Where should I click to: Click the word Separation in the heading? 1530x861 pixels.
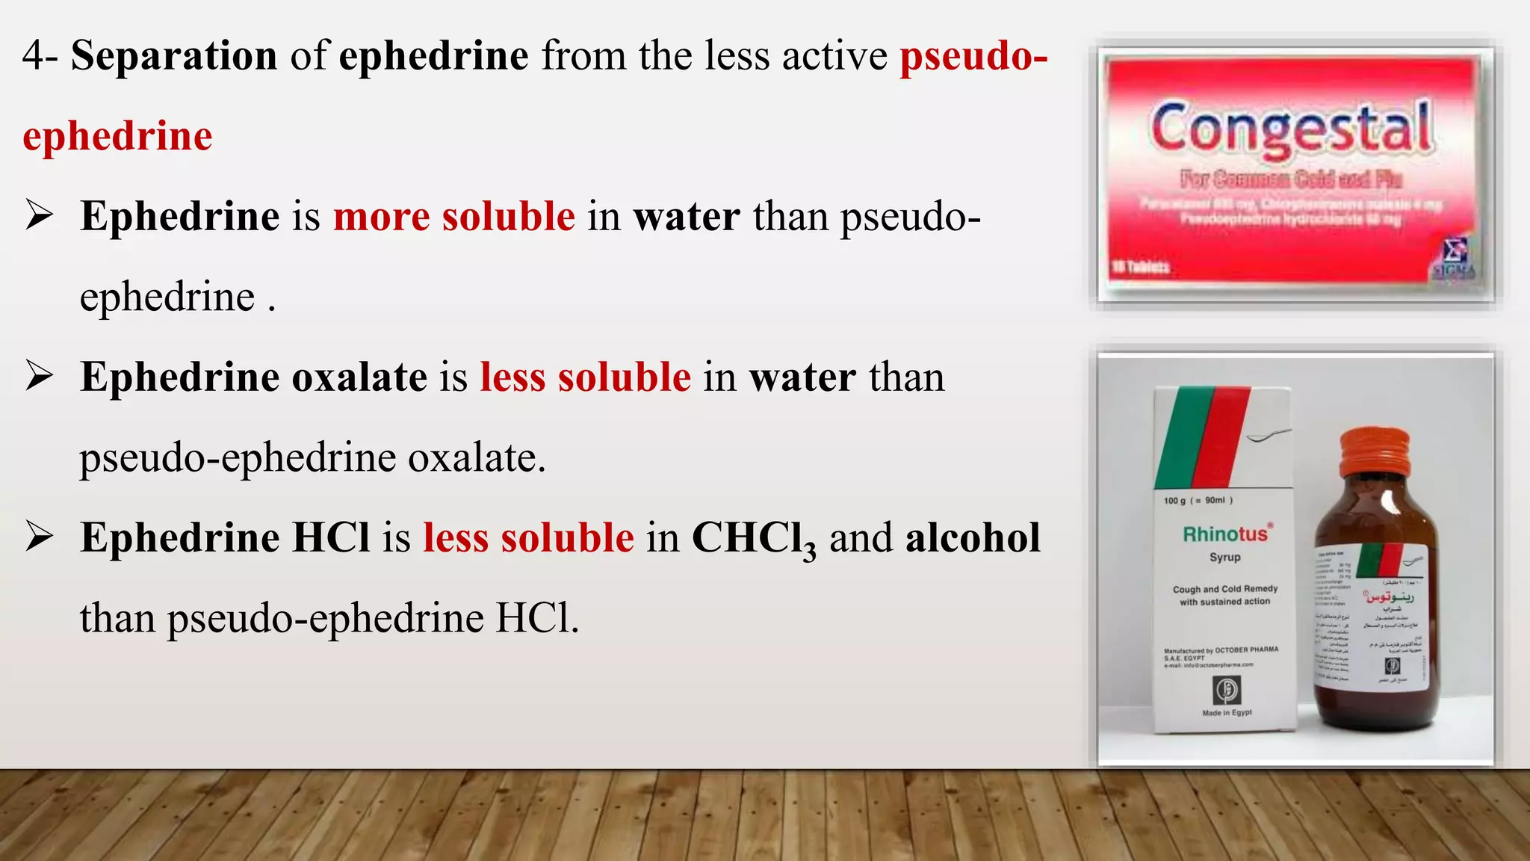coord(173,56)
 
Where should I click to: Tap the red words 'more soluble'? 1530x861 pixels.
coord(454,217)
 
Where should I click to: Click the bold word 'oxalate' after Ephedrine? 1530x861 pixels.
coord(359,377)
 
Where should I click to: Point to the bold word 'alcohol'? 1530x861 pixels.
coord(973,538)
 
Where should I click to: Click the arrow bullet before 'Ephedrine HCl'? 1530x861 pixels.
coord(39,537)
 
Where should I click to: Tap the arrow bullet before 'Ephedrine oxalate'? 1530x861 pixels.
coord(39,376)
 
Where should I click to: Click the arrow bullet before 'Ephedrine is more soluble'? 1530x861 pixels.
coord(39,216)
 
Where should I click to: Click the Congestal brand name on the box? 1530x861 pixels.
coord(1291,129)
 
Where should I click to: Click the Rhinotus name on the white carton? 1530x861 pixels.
coord(1225,534)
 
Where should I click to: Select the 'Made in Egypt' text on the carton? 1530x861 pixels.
coord(1227,713)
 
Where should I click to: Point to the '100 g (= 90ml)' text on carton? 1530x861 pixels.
coord(1198,501)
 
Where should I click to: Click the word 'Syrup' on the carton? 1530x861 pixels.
coord(1225,558)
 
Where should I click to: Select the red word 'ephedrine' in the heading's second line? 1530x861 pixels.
coord(117,137)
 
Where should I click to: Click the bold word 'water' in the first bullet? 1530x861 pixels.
coord(687,217)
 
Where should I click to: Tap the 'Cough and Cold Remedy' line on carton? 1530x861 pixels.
coord(1225,589)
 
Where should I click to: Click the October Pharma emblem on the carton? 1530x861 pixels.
coord(1227,688)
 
